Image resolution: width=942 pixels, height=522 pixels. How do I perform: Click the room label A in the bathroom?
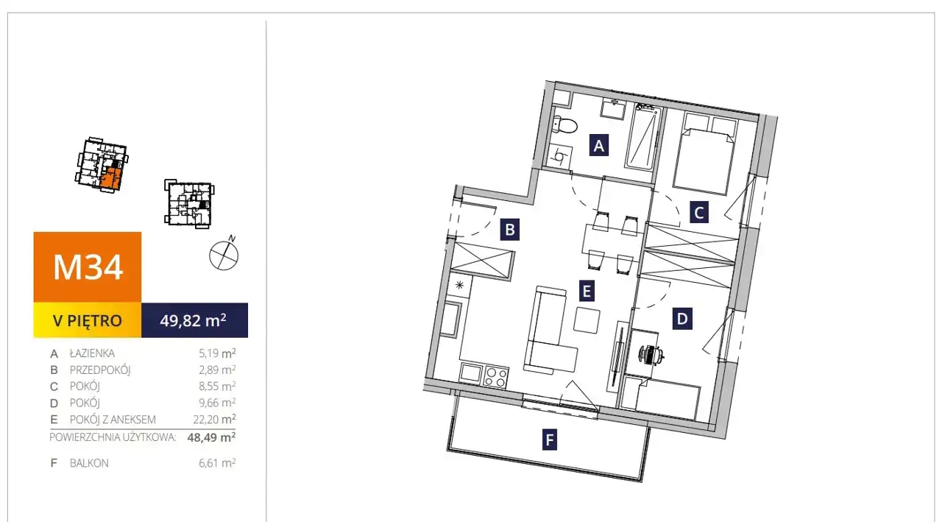599,145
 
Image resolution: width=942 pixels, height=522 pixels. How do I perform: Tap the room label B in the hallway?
510,229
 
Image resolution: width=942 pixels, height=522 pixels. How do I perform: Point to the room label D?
682,318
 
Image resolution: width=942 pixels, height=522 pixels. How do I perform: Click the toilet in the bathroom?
564,125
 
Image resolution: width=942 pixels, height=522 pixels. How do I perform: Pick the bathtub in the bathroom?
642,137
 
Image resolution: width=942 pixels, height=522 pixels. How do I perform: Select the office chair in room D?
651,353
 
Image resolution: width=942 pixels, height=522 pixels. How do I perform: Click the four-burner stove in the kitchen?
495,376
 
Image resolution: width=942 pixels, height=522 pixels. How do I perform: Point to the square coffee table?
587,320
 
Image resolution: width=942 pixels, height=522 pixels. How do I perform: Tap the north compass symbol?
224,254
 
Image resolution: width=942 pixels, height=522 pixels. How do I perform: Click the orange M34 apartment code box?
88,267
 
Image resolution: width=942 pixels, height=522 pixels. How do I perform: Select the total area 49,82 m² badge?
194,320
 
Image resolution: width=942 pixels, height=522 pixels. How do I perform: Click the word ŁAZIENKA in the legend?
92,353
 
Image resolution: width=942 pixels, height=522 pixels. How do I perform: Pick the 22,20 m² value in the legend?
214,419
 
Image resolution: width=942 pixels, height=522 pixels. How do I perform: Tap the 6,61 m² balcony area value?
217,462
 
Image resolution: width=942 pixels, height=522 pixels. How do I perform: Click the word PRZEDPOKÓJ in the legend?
100,370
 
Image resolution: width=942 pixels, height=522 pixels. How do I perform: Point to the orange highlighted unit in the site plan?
112,178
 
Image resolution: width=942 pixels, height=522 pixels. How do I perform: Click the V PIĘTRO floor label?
88,320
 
